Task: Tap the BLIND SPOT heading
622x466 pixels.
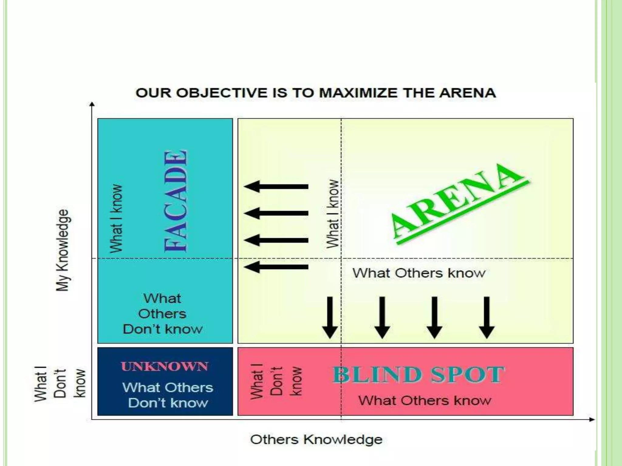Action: [419, 375]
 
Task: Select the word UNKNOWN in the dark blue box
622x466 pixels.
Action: [165, 366]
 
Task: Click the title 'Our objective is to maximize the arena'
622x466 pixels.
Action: [316, 93]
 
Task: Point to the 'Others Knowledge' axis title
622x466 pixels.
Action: [316, 439]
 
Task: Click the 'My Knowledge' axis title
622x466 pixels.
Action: [63, 250]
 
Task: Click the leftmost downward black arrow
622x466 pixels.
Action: [330, 317]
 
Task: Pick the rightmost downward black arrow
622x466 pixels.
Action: [487, 317]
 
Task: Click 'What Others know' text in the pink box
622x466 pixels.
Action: [425, 400]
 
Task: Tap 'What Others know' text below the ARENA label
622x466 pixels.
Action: [419, 273]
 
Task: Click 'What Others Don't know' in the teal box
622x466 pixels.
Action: [163, 314]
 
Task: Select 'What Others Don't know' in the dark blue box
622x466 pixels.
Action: [168, 395]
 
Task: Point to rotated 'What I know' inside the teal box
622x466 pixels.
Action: [116, 218]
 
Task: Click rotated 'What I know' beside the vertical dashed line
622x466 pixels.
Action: [332, 214]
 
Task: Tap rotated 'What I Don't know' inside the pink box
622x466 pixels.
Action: [276, 381]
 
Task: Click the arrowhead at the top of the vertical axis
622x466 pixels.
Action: [92, 105]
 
